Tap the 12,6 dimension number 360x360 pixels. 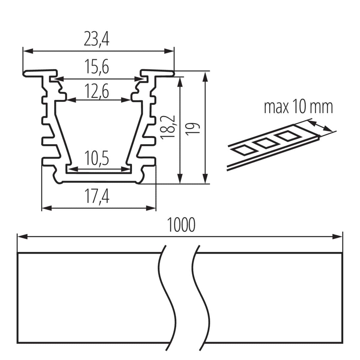pyautogui.click(x=96, y=91)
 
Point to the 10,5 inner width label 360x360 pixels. pyautogui.click(x=96, y=159)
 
